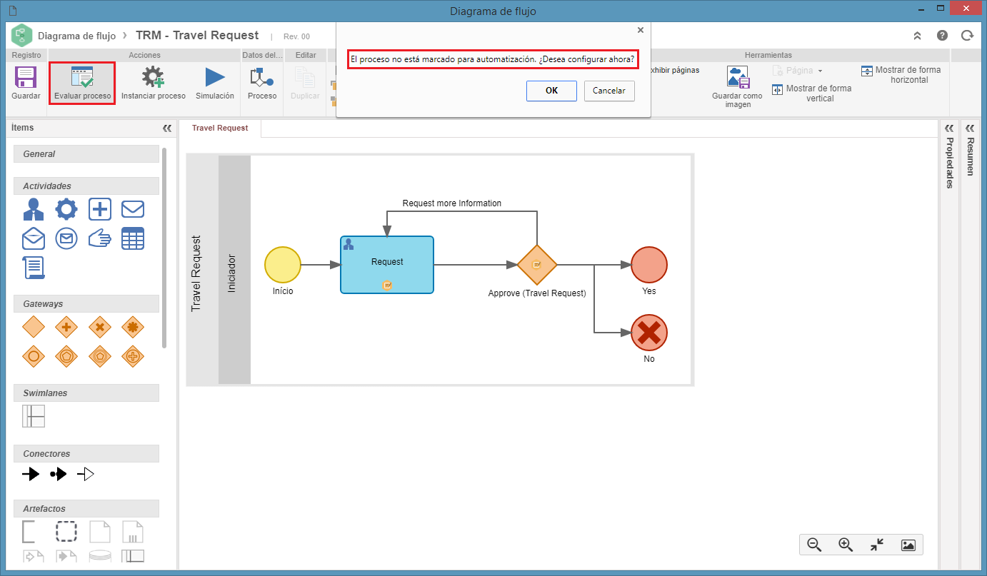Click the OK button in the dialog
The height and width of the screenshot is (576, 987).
click(551, 91)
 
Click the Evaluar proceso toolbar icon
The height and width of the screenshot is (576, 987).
click(82, 77)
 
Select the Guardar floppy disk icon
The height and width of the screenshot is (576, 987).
click(26, 77)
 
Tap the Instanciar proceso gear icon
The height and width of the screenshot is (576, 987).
click(153, 77)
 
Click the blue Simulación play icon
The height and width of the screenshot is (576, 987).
click(215, 77)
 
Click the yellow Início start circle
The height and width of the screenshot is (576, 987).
click(282, 265)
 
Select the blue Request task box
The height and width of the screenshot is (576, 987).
click(387, 265)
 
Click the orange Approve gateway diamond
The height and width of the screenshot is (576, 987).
click(536, 265)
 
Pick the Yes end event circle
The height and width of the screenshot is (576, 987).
click(649, 265)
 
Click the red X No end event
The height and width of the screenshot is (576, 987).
click(649, 333)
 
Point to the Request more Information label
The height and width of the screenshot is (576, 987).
click(451, 203)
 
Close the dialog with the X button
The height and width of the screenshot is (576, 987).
click(641, 30)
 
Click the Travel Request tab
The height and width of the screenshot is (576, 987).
click(220, 128)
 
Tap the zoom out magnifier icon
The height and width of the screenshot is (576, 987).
click(814, 545)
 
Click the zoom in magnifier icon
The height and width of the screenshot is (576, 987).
click(846, 545)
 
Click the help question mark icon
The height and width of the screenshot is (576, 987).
click(942, 36)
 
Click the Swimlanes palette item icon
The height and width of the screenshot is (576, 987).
click(34, 416)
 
